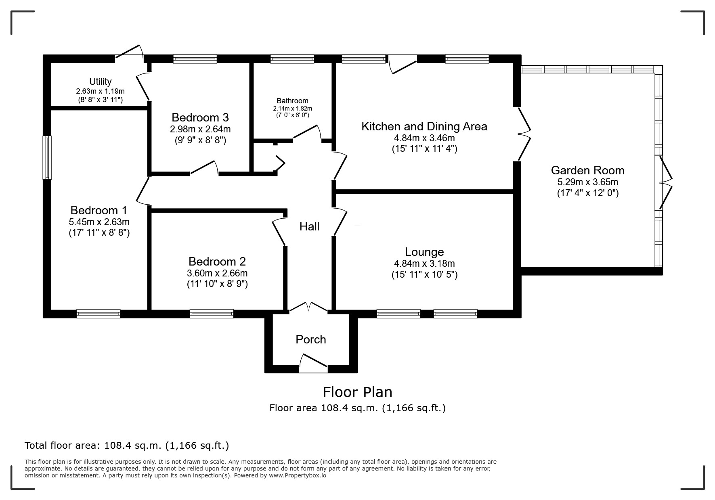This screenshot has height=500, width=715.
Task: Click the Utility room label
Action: (x=100, y=82)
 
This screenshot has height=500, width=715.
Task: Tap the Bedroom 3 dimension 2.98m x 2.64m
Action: (x=200, y=130)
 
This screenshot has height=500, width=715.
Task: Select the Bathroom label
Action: (x=292, y=101)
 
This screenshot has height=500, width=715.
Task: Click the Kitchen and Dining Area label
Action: (x=424, y=126)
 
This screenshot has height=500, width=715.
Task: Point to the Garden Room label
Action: (x=587, y=170)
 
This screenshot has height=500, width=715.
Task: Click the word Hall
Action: (x=309, y=227)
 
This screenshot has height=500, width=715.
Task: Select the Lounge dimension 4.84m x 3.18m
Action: (x=424, y=264)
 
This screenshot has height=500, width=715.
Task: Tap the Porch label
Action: (x=310, y=339)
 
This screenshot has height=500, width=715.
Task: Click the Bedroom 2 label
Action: (x=217, y=262)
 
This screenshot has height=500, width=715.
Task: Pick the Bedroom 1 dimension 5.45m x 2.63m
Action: (x=99, y=222)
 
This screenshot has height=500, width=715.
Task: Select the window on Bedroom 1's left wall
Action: (x=48, y=157)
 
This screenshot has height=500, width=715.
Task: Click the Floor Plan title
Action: (x=357, y=392)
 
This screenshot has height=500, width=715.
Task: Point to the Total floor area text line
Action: (x=127, y=446)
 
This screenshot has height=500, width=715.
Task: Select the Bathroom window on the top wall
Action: (x=292, y=59)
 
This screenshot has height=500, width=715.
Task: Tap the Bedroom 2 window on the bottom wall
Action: (x=212, y=314)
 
